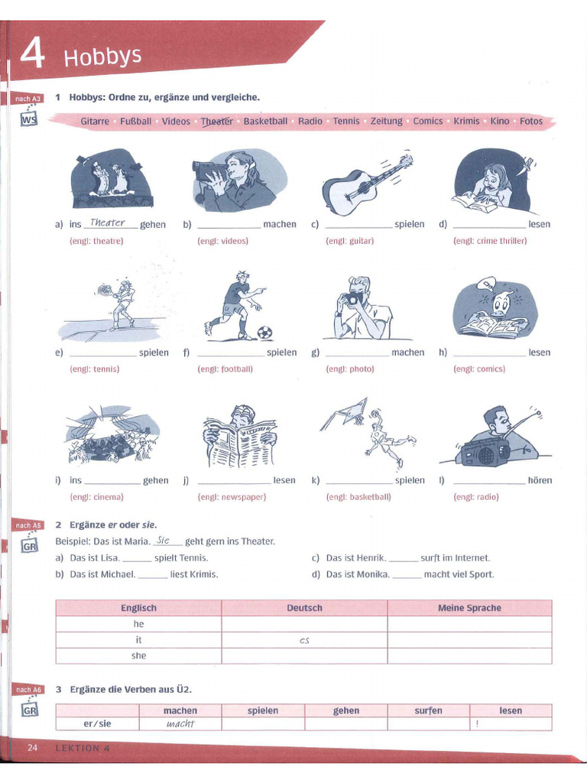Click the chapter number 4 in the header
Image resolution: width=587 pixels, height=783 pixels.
click(31, 56)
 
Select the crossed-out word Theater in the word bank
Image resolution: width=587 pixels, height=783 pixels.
click(216, 122)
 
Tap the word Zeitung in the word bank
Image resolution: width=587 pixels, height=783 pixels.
click(386, 122)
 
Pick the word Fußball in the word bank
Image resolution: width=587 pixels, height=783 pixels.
click(136, 122)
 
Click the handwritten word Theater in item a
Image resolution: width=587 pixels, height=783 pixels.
click(107, 223)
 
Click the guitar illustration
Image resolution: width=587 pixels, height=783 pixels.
click(365, 184)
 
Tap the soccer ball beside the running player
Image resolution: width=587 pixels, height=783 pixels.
click(264, 333)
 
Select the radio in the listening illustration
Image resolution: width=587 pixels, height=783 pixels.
click(482, 452)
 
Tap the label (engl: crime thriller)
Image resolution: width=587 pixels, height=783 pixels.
click(489, 241)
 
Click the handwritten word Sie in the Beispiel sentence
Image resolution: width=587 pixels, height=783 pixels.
click(162, 540)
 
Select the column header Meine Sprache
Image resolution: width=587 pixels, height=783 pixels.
click(469, 608)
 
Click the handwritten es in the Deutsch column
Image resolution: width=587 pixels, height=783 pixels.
click(304, 640)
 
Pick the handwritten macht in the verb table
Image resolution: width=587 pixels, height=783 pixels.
click(180, 723)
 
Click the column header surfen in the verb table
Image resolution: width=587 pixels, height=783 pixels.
click(428, 710)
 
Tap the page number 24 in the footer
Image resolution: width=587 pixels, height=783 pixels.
click(32, 747)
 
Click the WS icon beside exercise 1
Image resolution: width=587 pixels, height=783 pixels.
click(28, 120)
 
